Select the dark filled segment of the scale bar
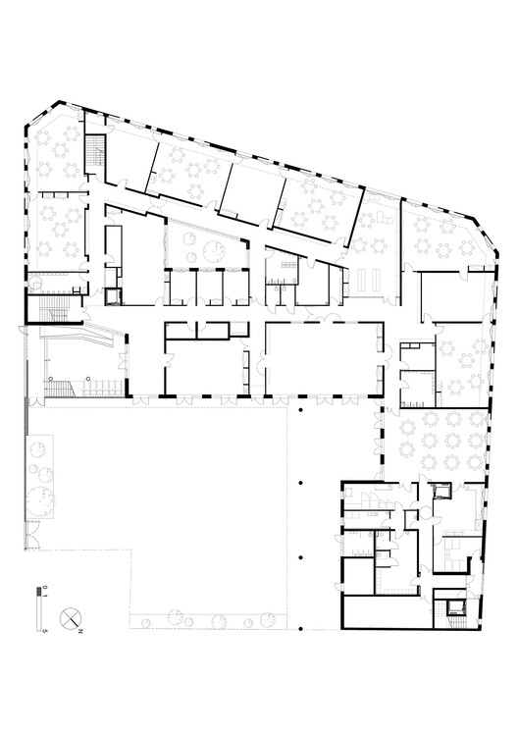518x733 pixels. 41,592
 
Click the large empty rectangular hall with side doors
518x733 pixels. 322,357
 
